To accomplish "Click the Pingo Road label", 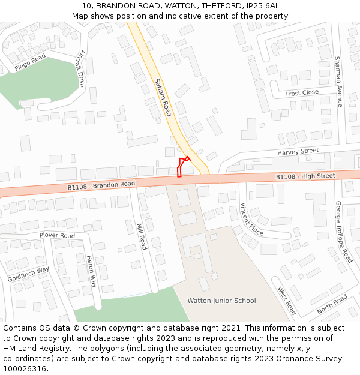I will [30, 62].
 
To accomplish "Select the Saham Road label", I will [163, 97].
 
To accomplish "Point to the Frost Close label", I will [302, 93].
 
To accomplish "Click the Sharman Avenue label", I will [338, 82].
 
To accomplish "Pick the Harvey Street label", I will [298, 152].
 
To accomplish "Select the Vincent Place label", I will [251, 220].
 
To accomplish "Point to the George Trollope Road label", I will [343, 232].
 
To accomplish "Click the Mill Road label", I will [142, 236].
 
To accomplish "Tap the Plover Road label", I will [57, 235].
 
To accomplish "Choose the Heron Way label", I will [91, 271].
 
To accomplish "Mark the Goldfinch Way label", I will [28, 274].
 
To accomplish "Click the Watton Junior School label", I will [221, 301].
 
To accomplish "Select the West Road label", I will [286, 301].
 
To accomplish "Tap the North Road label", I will [332, 304].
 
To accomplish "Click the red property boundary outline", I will [182, 166].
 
